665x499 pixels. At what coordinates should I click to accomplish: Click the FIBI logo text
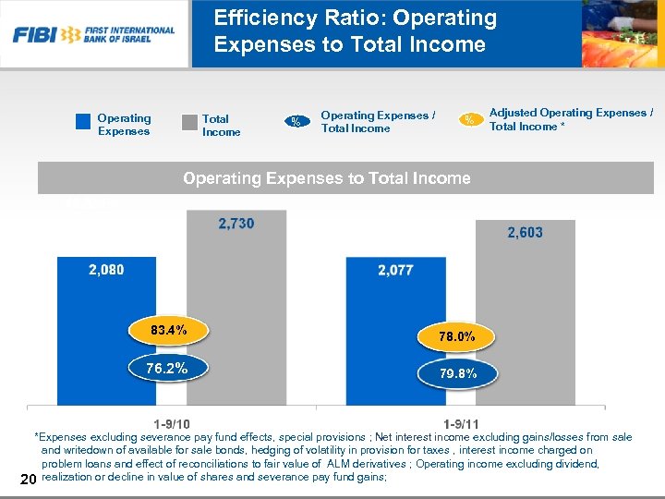pos(33,35)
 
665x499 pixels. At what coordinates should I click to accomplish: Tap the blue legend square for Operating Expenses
pos(83,120)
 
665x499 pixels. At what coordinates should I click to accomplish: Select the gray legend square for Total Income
pos(189,121)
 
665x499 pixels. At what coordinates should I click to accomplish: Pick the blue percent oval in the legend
pos(296,121)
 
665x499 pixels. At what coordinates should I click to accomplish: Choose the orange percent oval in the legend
pos(470,119)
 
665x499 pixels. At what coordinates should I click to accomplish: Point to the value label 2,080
pos(106,270)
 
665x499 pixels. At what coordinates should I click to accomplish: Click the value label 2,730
pos(236,224)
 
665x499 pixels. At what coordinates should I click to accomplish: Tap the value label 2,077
pos(395,271)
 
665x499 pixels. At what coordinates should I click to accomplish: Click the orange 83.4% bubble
pos(167,330)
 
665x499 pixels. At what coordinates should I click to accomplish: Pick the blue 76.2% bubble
pos(167,369)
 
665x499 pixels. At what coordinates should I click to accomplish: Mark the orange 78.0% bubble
pos(457,337)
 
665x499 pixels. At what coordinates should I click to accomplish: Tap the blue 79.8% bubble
pos(457,374)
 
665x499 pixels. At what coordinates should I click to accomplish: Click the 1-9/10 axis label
pos(172,423)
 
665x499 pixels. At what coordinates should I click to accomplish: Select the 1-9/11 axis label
pos(461,423)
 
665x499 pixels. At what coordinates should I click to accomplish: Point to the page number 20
pos(27,478)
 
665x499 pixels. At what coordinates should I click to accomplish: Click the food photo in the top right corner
pos(622,34)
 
